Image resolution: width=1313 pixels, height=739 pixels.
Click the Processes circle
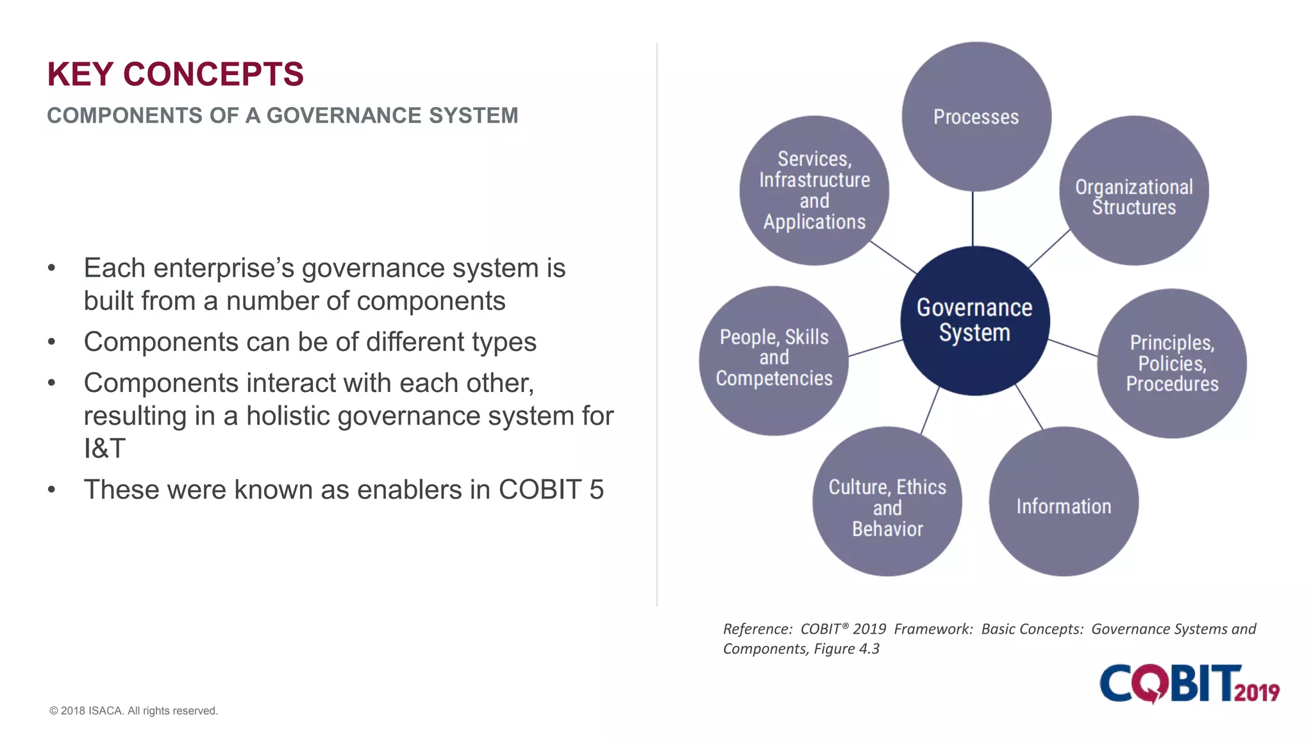pyautogui.click(x=976, y=117)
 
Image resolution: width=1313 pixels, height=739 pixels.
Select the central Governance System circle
pyautogui.click(x=974, y=321)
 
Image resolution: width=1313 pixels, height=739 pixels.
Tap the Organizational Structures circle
pyautogui.click(x=1133, y=191)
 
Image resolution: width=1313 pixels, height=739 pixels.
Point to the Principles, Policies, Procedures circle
pyautogui.click(x=1171, y=363)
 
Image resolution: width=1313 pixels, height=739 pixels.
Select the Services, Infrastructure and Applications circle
pyautogui.click(x=814, y=191)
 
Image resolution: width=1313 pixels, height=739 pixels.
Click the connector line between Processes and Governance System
pyautogui.click(x=973, y=218)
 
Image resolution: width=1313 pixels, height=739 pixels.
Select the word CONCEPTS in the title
pyautogui.click(x=213, y=74)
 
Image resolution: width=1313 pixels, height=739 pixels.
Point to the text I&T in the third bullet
pyautogui.click(x=105, y=448)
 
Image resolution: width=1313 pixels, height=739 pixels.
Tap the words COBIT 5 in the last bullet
pyautogui.click(x=551, y=489)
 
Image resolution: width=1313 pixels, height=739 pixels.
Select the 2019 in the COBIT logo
pyautogui.click(x=1256, y=692)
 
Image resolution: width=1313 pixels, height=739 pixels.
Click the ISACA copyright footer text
pyautogui.click(x=133, y=711)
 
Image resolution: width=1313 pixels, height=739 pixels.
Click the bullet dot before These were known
pyautogui.click(x=52, y=490)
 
